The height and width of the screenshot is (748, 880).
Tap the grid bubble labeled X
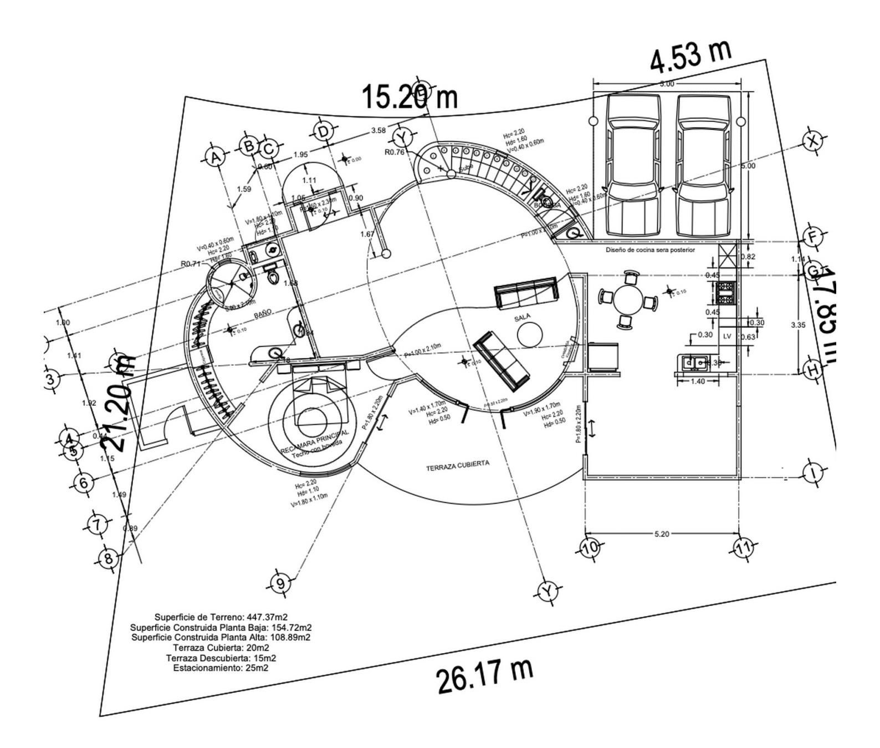click(x=813, y=142)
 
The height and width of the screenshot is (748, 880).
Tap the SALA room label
click(x=523, y=317)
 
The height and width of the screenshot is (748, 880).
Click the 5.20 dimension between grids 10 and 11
click(x=662, y=534)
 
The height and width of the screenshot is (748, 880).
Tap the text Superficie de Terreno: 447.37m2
click(x=221, y=617)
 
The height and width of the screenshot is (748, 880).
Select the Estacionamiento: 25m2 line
click(x=221, y=668)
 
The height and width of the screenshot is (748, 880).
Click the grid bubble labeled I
click(x=813, y=473)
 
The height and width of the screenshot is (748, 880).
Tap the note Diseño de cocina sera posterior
click(x=650, y=250)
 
